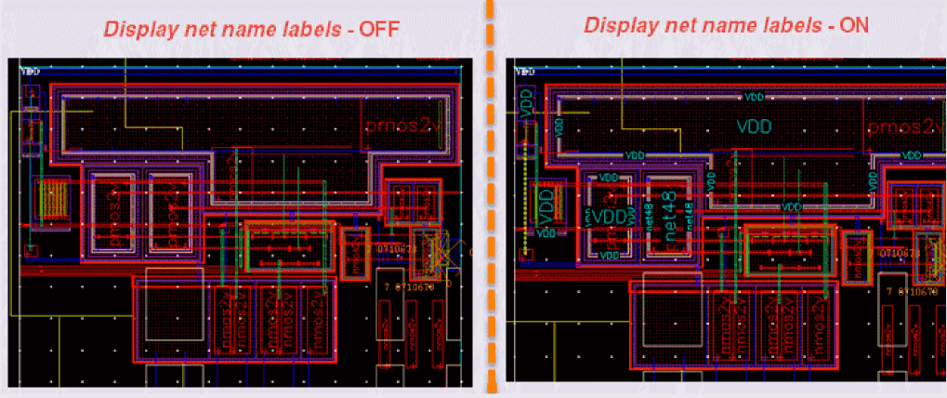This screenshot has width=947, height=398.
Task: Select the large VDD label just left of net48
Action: pos(610,217)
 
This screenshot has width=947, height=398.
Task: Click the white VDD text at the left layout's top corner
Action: pos(31,71)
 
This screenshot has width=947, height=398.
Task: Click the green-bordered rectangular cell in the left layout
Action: pos(287,247)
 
